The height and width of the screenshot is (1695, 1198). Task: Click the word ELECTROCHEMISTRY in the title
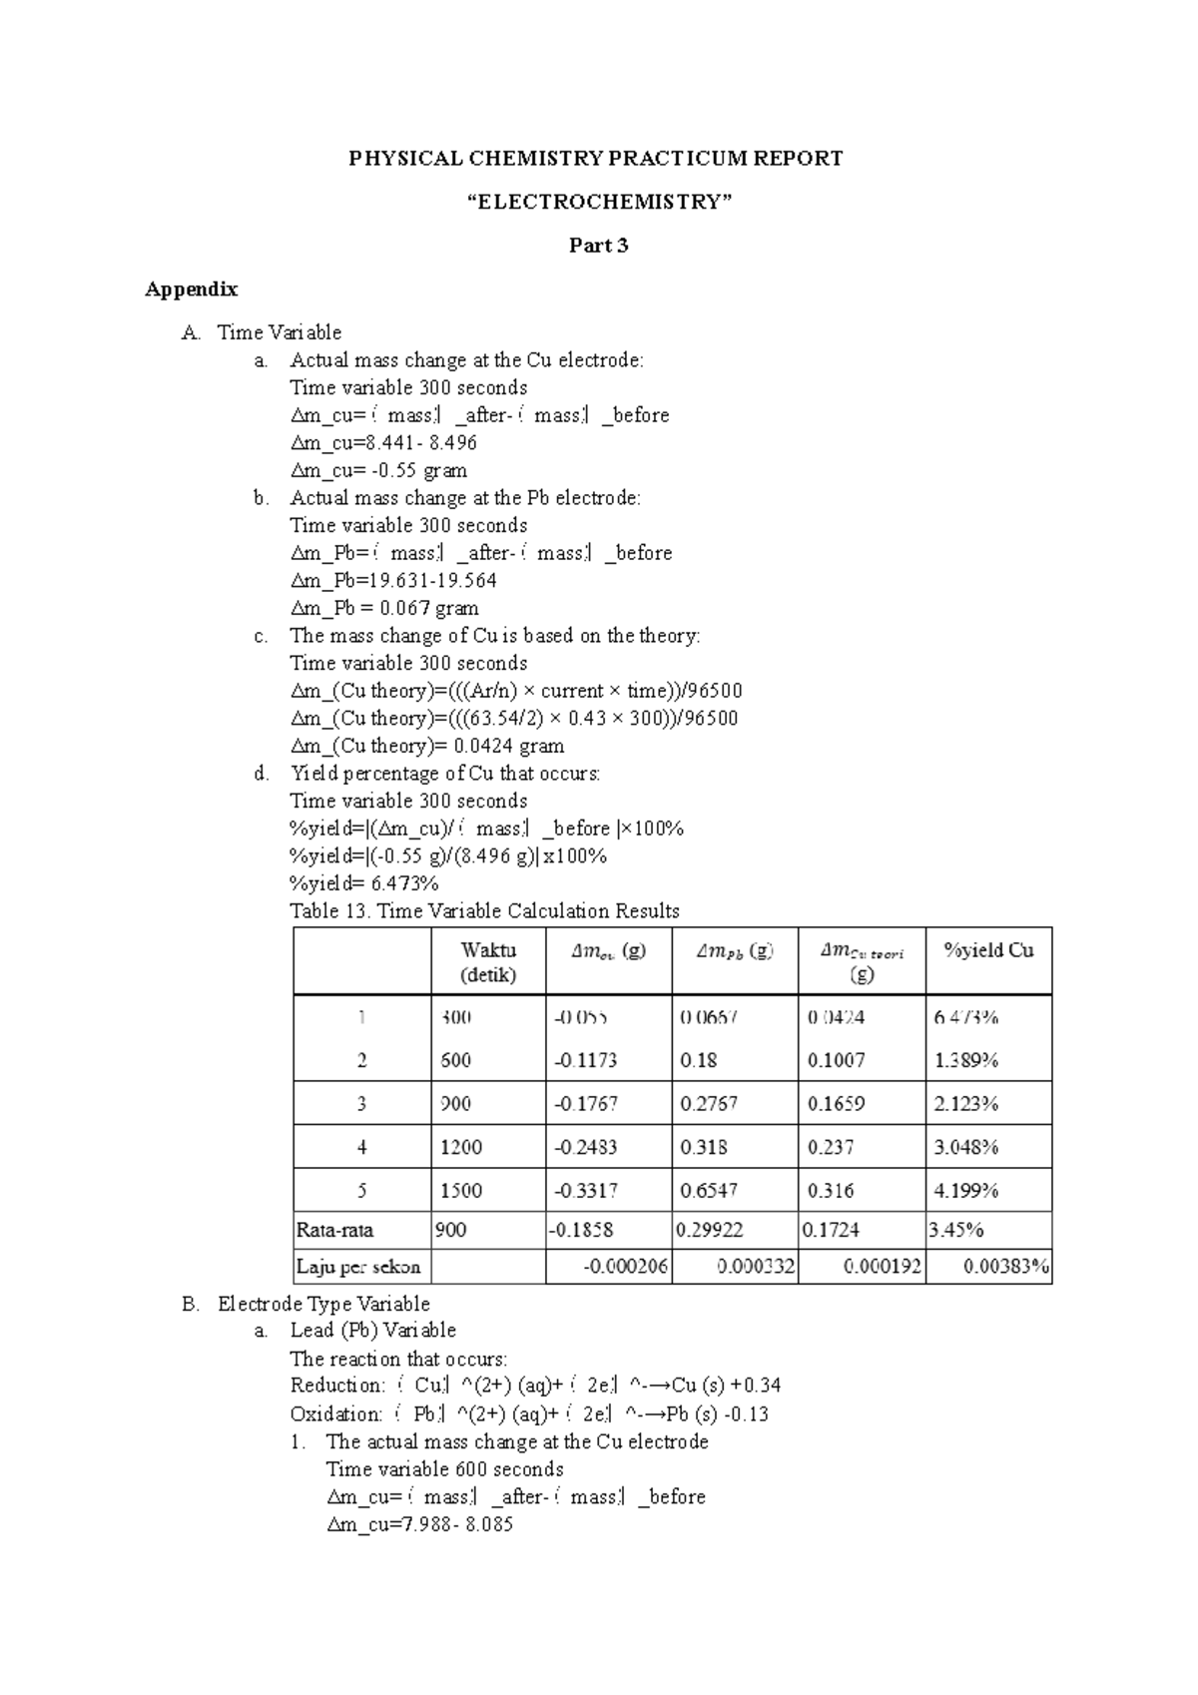(599, 202)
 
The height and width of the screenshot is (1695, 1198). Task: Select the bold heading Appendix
(192, 289)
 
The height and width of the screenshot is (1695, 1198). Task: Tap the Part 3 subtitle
(598, 246)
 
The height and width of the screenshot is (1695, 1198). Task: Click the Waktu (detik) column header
(488, 962)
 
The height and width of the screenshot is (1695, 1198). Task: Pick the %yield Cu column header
(987, 950)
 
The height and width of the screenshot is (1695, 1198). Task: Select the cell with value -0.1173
(585, 1060)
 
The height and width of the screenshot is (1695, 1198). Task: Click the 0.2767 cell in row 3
(709, 1104)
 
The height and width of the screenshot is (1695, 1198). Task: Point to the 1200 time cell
(461, 1147)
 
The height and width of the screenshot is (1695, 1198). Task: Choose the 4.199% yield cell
(965, 1191)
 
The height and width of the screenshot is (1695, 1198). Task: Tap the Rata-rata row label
(334, 1230)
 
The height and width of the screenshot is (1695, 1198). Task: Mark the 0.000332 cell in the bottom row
(756, 1268)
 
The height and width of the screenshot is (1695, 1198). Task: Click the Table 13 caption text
(484, 910)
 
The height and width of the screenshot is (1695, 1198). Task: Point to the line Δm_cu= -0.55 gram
(378, 470)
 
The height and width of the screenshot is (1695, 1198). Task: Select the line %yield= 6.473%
(364, 883)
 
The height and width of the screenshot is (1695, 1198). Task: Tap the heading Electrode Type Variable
(323, 1304)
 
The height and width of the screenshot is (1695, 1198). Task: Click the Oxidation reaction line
(529, 1413)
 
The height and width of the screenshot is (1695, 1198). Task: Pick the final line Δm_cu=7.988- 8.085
(419, 1524)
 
